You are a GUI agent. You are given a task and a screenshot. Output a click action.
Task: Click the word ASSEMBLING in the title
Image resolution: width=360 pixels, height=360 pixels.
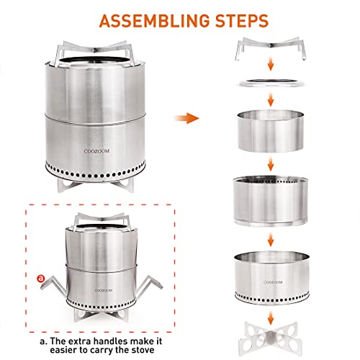coord(154,21)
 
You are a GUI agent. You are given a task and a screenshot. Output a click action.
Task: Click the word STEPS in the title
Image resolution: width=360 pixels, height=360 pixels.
coord(242,21)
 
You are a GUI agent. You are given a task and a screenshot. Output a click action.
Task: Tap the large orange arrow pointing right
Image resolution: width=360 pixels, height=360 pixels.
coord(186,118)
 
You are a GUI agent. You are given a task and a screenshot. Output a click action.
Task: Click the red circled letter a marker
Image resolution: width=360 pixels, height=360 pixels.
coord(41,278)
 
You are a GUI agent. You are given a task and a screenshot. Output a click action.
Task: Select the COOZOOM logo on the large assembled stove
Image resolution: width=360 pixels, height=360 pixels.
coord(96,151)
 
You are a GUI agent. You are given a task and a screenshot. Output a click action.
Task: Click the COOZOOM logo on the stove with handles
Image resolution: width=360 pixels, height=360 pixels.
coord(103,291)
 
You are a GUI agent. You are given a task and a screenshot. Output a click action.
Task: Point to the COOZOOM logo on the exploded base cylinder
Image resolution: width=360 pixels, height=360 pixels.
coord(273,282)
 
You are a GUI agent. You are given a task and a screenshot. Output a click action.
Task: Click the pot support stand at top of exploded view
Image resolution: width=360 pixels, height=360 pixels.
coord(271,48)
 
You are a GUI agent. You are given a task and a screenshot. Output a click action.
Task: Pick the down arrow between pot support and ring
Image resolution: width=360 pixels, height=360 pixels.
coord(271,63)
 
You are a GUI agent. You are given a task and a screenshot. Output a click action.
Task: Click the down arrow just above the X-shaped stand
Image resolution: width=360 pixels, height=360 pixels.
coord(271,318)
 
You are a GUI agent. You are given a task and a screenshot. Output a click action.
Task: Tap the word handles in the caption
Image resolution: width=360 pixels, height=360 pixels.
coord(112,341)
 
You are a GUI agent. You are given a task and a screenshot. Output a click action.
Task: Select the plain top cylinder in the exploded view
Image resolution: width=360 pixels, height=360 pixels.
coord(271,131)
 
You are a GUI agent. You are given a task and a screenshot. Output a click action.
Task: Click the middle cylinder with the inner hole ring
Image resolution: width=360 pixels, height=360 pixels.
coord(271,201)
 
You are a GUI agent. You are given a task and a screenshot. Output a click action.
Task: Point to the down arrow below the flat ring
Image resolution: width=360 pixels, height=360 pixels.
coord(271,100)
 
